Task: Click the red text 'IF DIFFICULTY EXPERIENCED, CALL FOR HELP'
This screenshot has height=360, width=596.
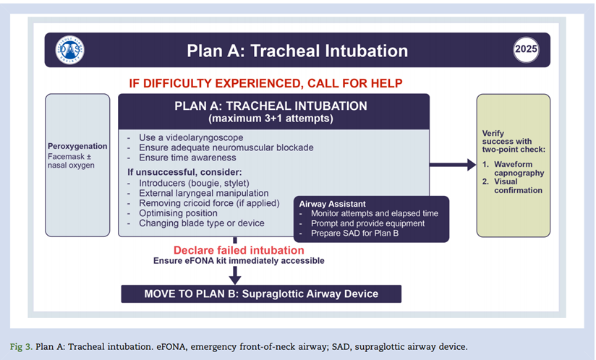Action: [265, 82]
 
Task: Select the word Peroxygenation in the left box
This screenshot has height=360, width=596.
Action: [77, 146]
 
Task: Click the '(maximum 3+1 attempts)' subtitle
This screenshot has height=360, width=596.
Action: [271, 118]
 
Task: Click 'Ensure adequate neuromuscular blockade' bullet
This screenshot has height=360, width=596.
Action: [225, 147]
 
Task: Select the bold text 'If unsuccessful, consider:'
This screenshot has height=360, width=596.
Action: [184, 173]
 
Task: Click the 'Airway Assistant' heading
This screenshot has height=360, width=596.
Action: [333, 204]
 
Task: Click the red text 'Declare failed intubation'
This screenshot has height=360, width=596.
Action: [239, 250]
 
